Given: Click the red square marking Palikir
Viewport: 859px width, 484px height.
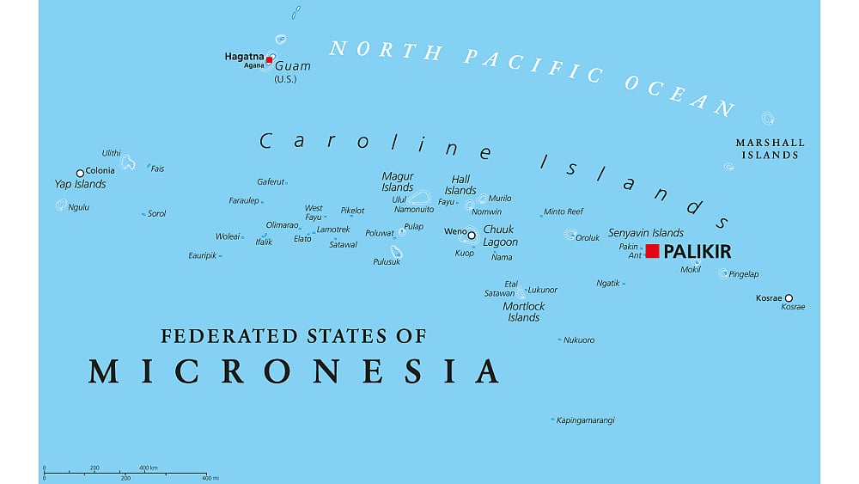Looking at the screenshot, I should tap(653, 251).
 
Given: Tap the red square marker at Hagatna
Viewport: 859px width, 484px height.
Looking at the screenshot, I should tap(269, 60).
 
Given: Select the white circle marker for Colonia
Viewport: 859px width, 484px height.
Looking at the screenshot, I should tap(80, 173).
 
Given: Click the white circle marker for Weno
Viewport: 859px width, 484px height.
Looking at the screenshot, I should tap(472, 234).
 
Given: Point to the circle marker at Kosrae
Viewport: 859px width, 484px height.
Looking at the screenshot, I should tap(789, 298).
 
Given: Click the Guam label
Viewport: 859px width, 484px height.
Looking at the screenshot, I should tap(293, 66).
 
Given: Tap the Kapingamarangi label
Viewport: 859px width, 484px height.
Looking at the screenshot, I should tap(586, 420).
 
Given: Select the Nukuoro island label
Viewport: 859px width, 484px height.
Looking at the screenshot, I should tap(579, 340).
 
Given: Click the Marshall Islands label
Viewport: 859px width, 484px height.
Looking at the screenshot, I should tap(771, 149).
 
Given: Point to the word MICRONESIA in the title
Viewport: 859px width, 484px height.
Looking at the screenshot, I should tap(295, 371).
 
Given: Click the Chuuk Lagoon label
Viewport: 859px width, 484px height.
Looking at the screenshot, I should tap(500, 236).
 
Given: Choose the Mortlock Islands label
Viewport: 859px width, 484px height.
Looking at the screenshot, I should tap(524, 311).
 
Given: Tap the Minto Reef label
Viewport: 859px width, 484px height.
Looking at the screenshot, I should tap(564, 211).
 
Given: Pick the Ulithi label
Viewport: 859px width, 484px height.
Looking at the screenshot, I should tap(112, 153).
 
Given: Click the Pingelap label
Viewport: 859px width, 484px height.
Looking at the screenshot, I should tap(744, 274).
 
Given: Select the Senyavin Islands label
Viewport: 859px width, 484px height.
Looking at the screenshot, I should tap(646, 233).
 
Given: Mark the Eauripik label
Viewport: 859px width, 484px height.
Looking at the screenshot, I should tap(203, 255).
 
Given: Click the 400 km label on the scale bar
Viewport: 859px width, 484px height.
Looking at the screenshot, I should tap(149, 468).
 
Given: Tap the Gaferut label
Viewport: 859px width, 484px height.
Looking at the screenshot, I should tap(271, 181).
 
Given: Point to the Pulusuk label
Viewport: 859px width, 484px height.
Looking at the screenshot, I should tap(387, 261).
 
